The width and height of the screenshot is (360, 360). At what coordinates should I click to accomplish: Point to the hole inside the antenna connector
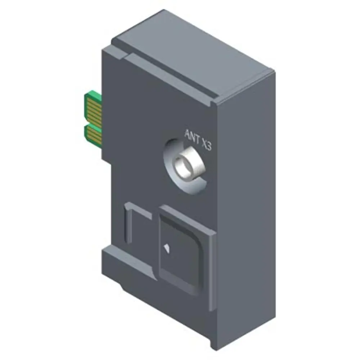[184, 164]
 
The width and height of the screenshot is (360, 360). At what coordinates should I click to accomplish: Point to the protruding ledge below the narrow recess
[129, 263]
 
